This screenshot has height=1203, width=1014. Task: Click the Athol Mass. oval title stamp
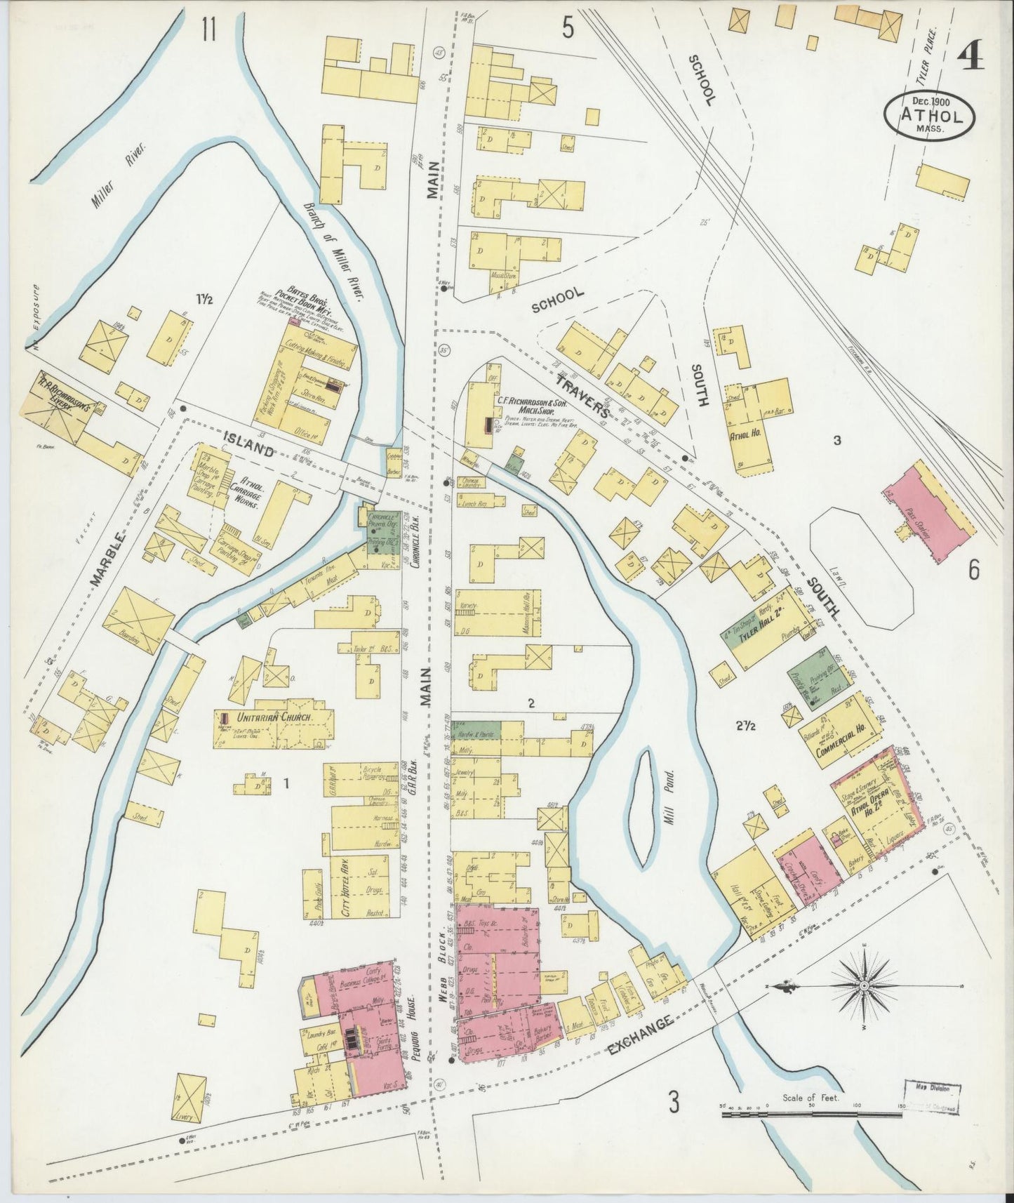(x=928, y=114)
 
